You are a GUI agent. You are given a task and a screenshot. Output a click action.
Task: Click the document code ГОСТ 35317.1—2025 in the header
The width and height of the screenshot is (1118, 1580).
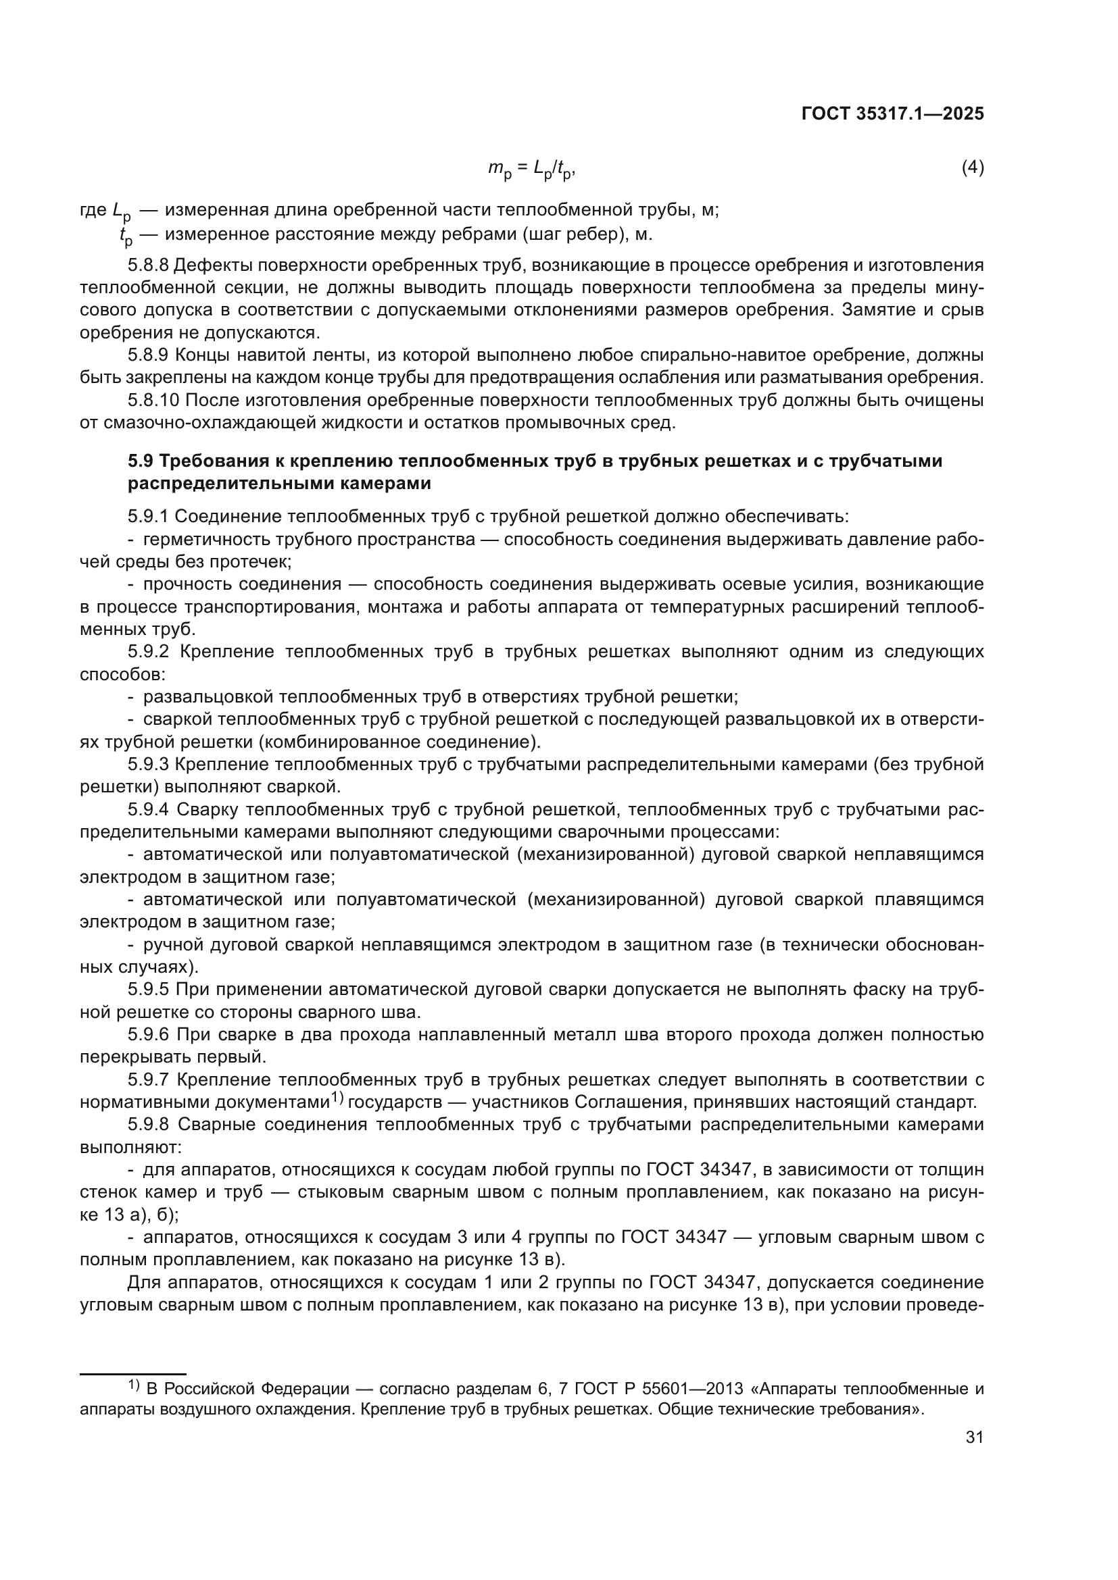[x=892, y=114]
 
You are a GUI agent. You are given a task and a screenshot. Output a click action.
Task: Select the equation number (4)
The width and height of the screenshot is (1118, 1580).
[x=972, y=168]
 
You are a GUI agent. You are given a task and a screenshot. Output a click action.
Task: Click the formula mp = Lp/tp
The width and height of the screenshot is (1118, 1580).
[x=531, y=169]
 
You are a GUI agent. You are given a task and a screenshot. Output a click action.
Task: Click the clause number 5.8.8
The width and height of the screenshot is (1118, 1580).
[x=148, y=265]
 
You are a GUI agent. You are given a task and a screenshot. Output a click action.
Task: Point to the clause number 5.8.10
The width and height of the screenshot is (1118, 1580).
[x=153, y=400]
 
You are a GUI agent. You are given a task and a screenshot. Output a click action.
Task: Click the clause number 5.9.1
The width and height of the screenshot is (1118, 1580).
[x=148, y=516]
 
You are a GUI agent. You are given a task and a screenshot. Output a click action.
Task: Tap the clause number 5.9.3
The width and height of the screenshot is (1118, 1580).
[x=148, y=764]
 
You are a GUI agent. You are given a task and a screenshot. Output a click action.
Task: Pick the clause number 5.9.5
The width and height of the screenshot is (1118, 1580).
[x=148, y=990]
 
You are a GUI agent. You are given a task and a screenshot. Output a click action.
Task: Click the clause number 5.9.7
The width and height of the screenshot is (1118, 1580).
[x=148, y=1079]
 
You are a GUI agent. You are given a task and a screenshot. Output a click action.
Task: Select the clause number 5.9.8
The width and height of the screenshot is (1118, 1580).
[x=148, y=1125]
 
